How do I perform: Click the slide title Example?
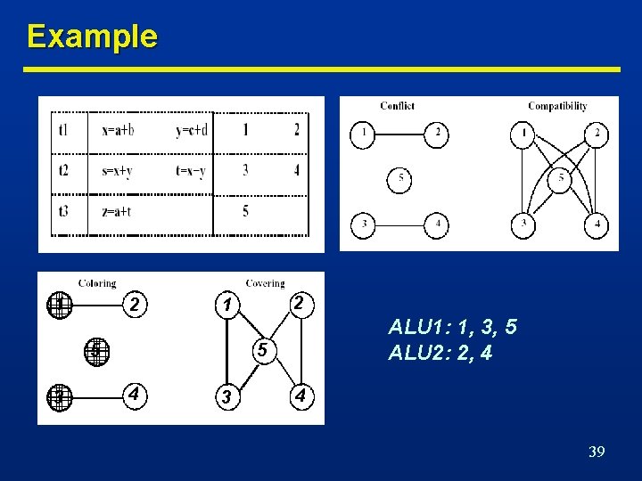(92, 37)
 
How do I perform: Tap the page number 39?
(597, 452)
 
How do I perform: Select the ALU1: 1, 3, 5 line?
(452, 328)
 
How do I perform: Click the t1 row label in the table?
(62, 130)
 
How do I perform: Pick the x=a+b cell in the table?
(118, 130)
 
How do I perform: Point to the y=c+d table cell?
(192, 130)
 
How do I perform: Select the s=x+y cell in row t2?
(117, 170)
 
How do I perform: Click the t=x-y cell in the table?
(191, 170)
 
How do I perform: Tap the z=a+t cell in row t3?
(117, 211)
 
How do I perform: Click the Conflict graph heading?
(397, 106)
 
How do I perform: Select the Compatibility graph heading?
(557, 106)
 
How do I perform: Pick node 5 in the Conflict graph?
(400, 179)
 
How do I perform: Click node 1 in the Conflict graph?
(363, 135)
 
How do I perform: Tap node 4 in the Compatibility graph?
(597, 225)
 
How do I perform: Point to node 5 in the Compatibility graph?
(560, 179)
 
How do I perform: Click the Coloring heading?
(97, 283)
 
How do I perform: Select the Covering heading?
(265, 283)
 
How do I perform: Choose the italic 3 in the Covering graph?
(228, 396)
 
